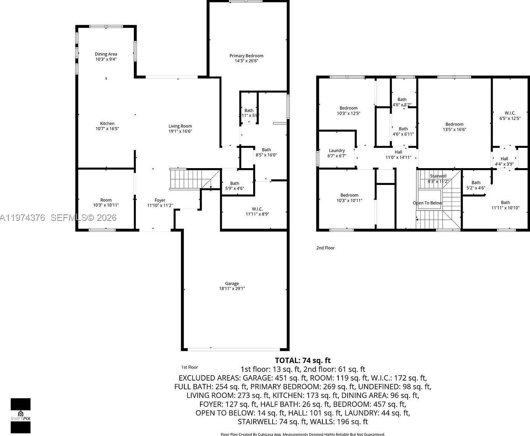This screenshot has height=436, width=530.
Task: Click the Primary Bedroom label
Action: [246, 56]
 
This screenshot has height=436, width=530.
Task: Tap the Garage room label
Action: [232, 284]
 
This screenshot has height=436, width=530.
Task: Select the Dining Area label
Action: [106, 54]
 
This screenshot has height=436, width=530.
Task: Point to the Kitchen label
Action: [107, 123]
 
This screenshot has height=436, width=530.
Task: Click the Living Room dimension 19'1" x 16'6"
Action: [180, 131]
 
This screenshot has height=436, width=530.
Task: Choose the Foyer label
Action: [160, 200]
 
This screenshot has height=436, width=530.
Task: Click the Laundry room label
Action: [337, 151]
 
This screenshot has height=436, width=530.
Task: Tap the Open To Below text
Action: [427, 203]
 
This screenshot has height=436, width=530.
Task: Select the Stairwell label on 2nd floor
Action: [438, 176]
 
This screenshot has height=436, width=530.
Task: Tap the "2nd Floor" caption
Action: [325, 248]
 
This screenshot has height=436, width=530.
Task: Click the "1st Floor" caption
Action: [190, 367]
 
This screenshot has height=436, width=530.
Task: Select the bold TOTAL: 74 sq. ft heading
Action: [302, 360]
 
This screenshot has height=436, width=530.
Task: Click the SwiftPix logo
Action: [21, 415]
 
